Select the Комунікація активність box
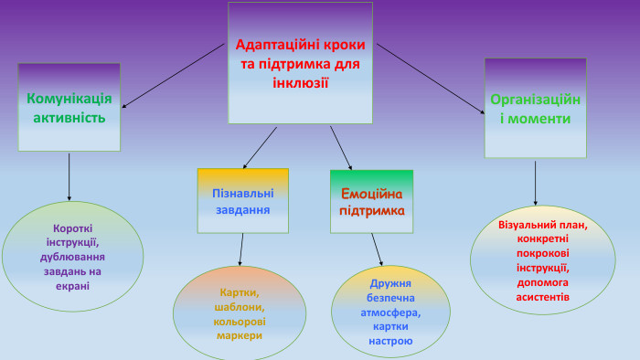[69, 107]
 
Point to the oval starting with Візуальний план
[535, 259]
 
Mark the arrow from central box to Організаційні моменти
[430, 79]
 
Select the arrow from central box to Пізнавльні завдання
[261, 146]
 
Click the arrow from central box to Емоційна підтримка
[340, 146]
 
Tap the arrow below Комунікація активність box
[69, 176]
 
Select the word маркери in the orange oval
[240, 335]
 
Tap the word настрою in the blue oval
[390, 341]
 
